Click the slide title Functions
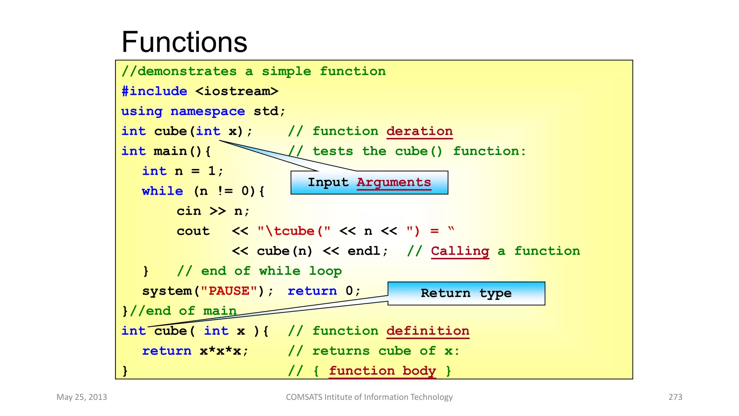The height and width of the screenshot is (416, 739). coord(184,42)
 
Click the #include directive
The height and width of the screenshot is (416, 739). coord(154,91)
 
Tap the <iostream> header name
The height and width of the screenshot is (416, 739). coord(237,91)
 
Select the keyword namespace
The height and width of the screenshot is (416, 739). coord(207,111)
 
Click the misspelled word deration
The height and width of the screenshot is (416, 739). coord(419,131)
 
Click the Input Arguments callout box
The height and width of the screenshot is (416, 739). coord(369,183)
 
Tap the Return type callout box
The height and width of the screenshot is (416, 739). coord(466,293)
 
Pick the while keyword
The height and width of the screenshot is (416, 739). coord(162,191)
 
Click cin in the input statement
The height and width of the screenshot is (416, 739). coord(189,211)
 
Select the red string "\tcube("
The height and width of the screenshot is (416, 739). coord(294,231)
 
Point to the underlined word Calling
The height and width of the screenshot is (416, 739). coord(460,251)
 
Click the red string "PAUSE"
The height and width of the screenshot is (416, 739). coord(229,291)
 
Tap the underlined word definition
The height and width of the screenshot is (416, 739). coord(428,331)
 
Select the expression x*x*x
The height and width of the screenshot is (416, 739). coord(220,351)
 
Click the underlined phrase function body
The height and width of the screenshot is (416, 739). coord(382,371)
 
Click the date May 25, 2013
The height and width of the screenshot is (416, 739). coord(82,397)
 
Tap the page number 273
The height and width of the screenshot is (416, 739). coord(675,397)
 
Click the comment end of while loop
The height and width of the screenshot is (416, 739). coord(259,271)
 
